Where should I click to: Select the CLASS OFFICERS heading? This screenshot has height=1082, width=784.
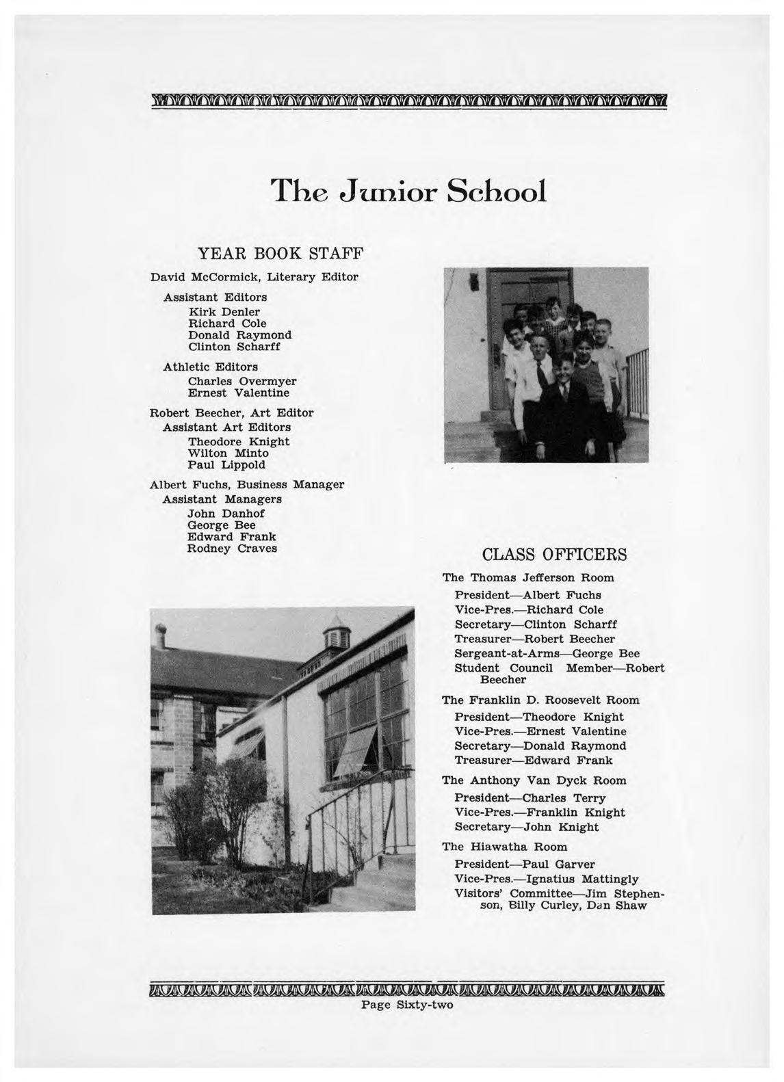554,554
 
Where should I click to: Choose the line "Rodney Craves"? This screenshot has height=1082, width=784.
233,549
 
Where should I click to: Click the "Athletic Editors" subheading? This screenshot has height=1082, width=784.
210,367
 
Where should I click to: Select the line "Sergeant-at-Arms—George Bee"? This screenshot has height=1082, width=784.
547,653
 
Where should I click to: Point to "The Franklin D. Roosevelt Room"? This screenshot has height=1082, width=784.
540,700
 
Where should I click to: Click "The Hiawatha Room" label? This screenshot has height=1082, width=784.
504,847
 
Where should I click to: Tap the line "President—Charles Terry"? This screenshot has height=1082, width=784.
530,798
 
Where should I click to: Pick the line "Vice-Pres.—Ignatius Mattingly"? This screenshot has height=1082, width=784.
547,879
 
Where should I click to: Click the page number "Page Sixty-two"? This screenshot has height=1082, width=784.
407,1005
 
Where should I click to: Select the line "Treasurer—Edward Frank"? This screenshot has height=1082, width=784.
534,761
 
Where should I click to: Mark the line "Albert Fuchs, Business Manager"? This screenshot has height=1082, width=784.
246,485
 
